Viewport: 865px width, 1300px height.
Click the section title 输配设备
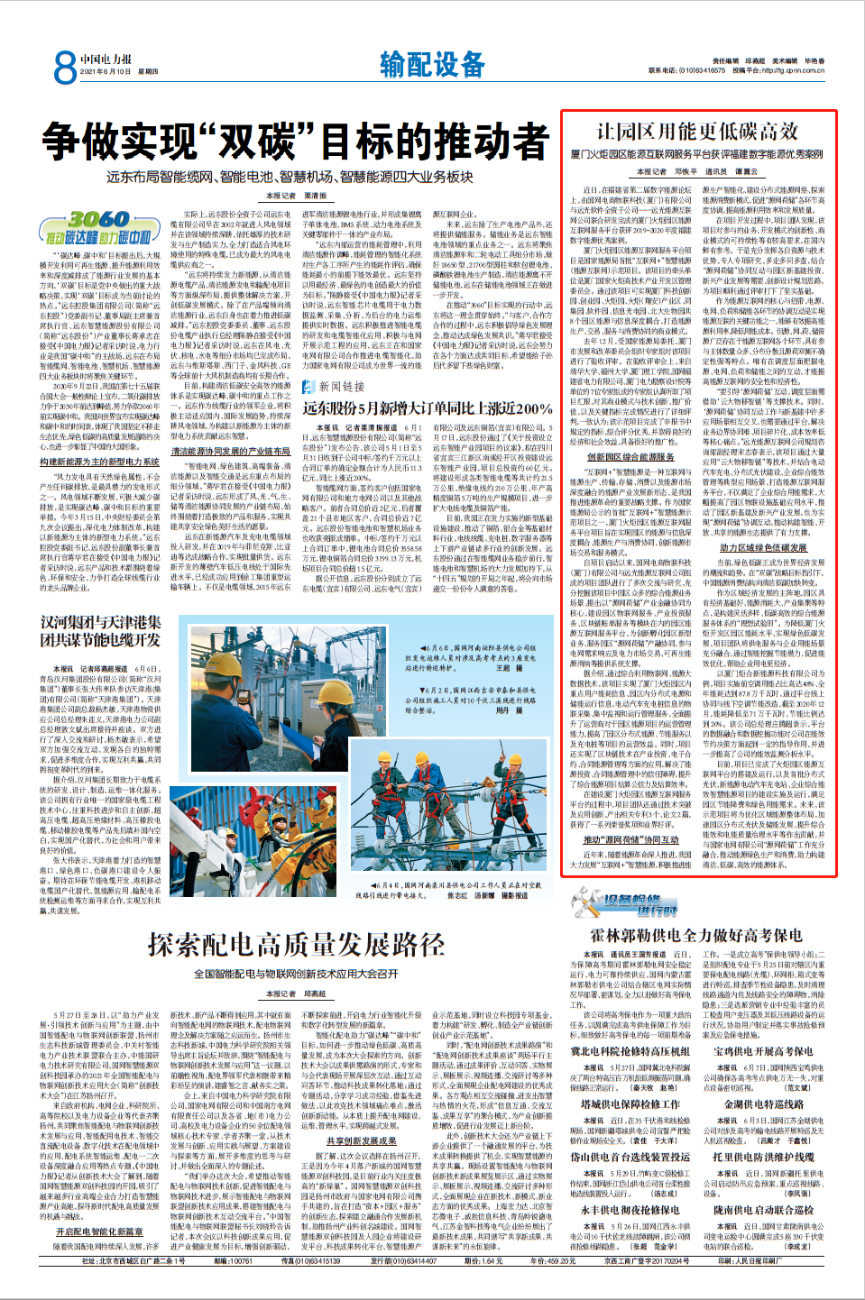pyautogui.click(x=432, y=65)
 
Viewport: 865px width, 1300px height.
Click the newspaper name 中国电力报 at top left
pyautogui.click(x=106, y=60)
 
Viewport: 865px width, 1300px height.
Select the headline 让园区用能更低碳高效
pyautogui.click(x=696, y=132)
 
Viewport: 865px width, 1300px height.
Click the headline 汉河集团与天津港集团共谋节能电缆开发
pyautogui.click(x=100, y=631)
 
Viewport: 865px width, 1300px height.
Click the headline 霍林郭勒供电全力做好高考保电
pyautogui.click(x=695, y=936)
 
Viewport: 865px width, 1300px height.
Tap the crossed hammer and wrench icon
pyautogui.click(x=585, y=902)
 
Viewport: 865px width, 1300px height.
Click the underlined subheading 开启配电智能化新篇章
pyautogui.click(x=99, y=1231)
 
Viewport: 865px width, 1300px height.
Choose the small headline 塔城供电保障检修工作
pyautogui.click(x=630, y=1103)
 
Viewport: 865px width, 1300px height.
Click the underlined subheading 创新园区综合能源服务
pyautogui.click(x=630, y=457)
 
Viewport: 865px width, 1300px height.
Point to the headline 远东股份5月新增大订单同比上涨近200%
pyautogui.click(x=427, y=408)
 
